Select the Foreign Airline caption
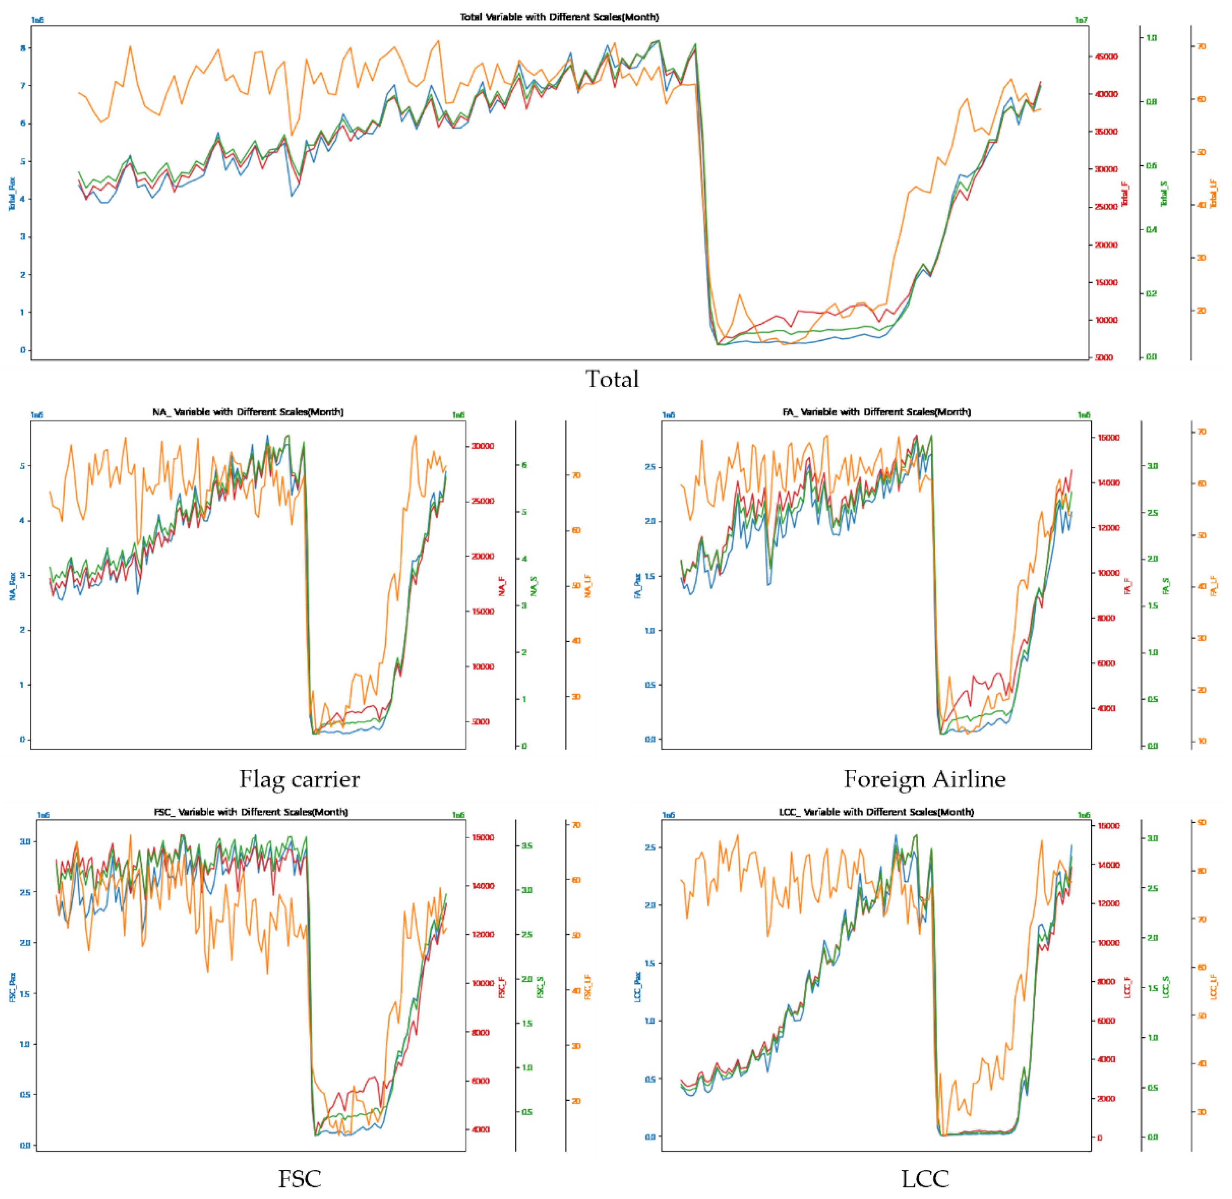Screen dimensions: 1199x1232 [924, 780]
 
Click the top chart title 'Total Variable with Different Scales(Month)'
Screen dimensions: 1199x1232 [559, 17]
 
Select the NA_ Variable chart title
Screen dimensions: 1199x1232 [248, 412]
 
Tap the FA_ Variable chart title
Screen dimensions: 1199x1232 [876, 412]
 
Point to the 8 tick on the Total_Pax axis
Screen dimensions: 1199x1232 [23, 48]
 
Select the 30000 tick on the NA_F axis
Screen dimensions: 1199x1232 [483, 446]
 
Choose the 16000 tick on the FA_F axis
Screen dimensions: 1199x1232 [1109, 438]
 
